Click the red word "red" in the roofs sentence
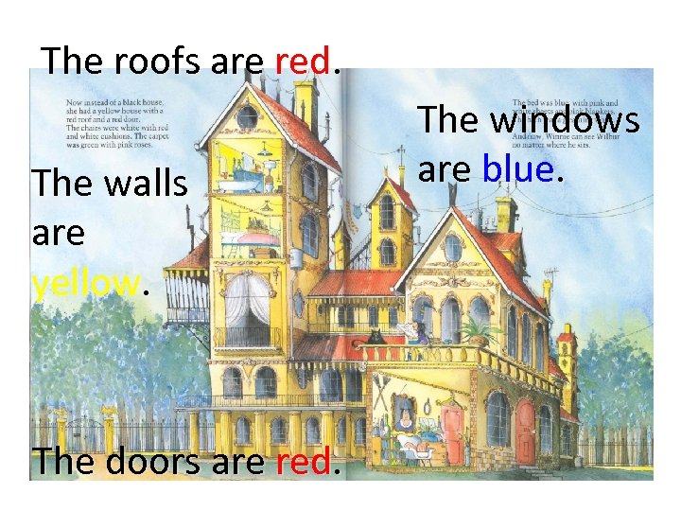303,62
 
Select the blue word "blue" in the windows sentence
517,169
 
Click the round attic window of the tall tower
248,116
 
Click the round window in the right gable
453,248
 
